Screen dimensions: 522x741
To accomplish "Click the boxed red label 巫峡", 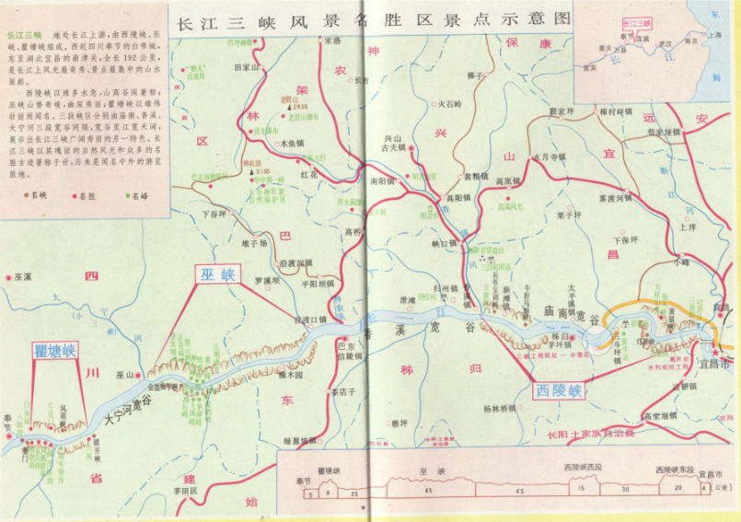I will [x=220, y=273].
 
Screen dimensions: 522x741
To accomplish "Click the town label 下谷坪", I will [x=214, y=214].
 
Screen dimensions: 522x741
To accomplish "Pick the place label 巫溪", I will [x=21, y=275].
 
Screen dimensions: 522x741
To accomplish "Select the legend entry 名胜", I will [x=88, y=196].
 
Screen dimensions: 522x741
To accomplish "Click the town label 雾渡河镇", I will [x=615, y=198].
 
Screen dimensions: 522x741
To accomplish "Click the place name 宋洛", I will [x=330, y=41].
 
